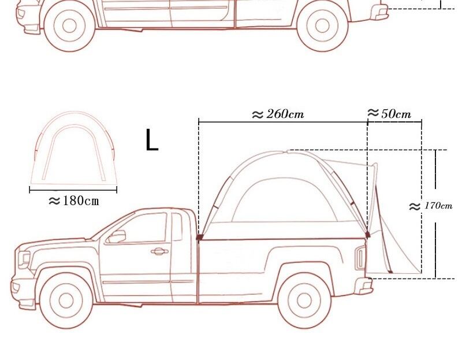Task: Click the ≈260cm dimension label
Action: [278, 114]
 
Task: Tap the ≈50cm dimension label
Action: [389, 113]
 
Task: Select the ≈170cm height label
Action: [430, 206]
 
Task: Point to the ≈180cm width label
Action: [74, 201]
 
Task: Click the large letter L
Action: [152, 140]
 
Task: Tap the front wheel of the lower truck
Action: [66, 300]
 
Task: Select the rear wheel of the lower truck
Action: [304, 300]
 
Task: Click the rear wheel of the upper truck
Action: [322, 26]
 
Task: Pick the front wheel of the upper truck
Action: [69, 25]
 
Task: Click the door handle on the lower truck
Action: [159, 251]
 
